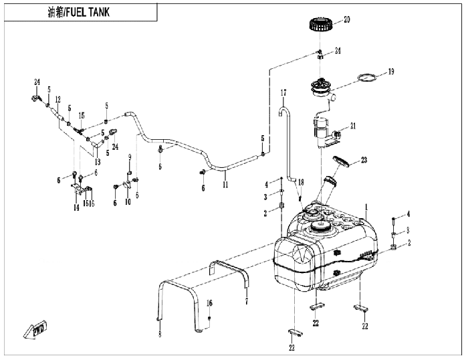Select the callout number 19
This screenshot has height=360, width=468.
[x=391, y=71]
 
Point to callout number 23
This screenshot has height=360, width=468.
[x=364, y=160]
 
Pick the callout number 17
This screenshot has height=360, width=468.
[x=283, y=92]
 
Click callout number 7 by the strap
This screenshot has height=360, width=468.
[x=247, y=302]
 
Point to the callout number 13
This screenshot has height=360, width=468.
[x=97, y=162]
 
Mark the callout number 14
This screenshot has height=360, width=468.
[x=76, y=208]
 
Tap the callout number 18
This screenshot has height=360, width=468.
[x=301, y=182]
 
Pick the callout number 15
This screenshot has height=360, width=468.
[x=82, y=115]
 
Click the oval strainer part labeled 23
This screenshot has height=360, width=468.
[x=341, y=161]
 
